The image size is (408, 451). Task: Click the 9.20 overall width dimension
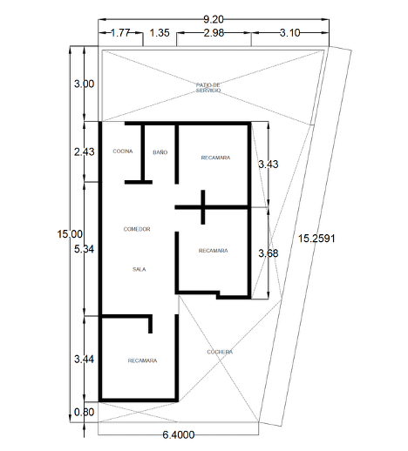tap(214, 19)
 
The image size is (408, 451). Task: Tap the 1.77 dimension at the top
tap(120, 33)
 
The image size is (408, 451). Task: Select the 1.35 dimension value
tap(160, 33)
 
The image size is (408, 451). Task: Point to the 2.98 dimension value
tap(214, 33)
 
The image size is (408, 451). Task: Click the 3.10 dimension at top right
tap(289, 33)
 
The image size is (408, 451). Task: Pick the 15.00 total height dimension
tap(70, 234)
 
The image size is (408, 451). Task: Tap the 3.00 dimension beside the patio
tap(84, 84)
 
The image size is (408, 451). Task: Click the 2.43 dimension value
tap(84, 151)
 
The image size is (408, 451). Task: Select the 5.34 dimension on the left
tap(84, 249)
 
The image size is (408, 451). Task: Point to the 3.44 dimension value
tap(84, 360)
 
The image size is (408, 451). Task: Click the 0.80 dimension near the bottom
tap(84, 412)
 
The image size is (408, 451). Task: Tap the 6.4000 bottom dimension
tap(179, 434)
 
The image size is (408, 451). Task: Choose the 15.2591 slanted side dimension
tap(316, 239)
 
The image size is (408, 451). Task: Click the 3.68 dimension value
tap(269, 253)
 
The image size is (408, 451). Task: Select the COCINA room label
tap(123, 151)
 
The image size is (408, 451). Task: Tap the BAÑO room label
tap(160, 152)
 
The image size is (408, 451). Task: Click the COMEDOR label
tap(137, 229)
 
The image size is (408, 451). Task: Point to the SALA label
tap(139, 269)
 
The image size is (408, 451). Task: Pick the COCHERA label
tap(220, 352)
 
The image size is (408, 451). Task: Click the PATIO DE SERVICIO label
tap(208, 88)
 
